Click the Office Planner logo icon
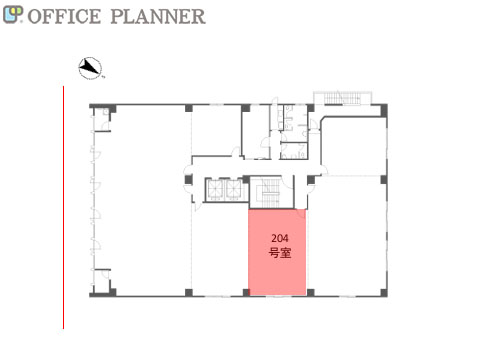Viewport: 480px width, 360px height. [13, 15]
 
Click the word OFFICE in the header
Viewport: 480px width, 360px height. [64, 16]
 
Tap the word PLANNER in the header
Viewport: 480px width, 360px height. [158, 16]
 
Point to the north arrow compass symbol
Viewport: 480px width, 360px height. [90, 68]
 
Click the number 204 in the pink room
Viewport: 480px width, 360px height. [280, 238]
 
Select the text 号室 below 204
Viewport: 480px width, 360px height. [280, 253]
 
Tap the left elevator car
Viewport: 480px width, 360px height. [216, 190]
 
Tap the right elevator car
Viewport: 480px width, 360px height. [234, 190]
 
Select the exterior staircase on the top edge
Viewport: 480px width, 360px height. [342, 98]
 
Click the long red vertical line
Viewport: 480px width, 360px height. [63, 207]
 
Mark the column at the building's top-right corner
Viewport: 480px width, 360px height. [383, 109]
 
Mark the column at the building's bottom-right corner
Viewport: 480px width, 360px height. [384, 293]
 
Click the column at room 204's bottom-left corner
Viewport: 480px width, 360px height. [246, 293]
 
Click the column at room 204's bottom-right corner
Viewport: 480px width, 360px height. [310, 293]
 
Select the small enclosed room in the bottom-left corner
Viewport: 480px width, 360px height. [101, 281]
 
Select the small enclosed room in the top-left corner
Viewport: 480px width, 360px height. [101, 119]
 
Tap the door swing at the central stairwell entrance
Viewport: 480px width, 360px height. [287, 182]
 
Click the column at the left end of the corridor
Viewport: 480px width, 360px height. [189, 180]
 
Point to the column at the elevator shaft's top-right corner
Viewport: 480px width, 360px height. [246, 180]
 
